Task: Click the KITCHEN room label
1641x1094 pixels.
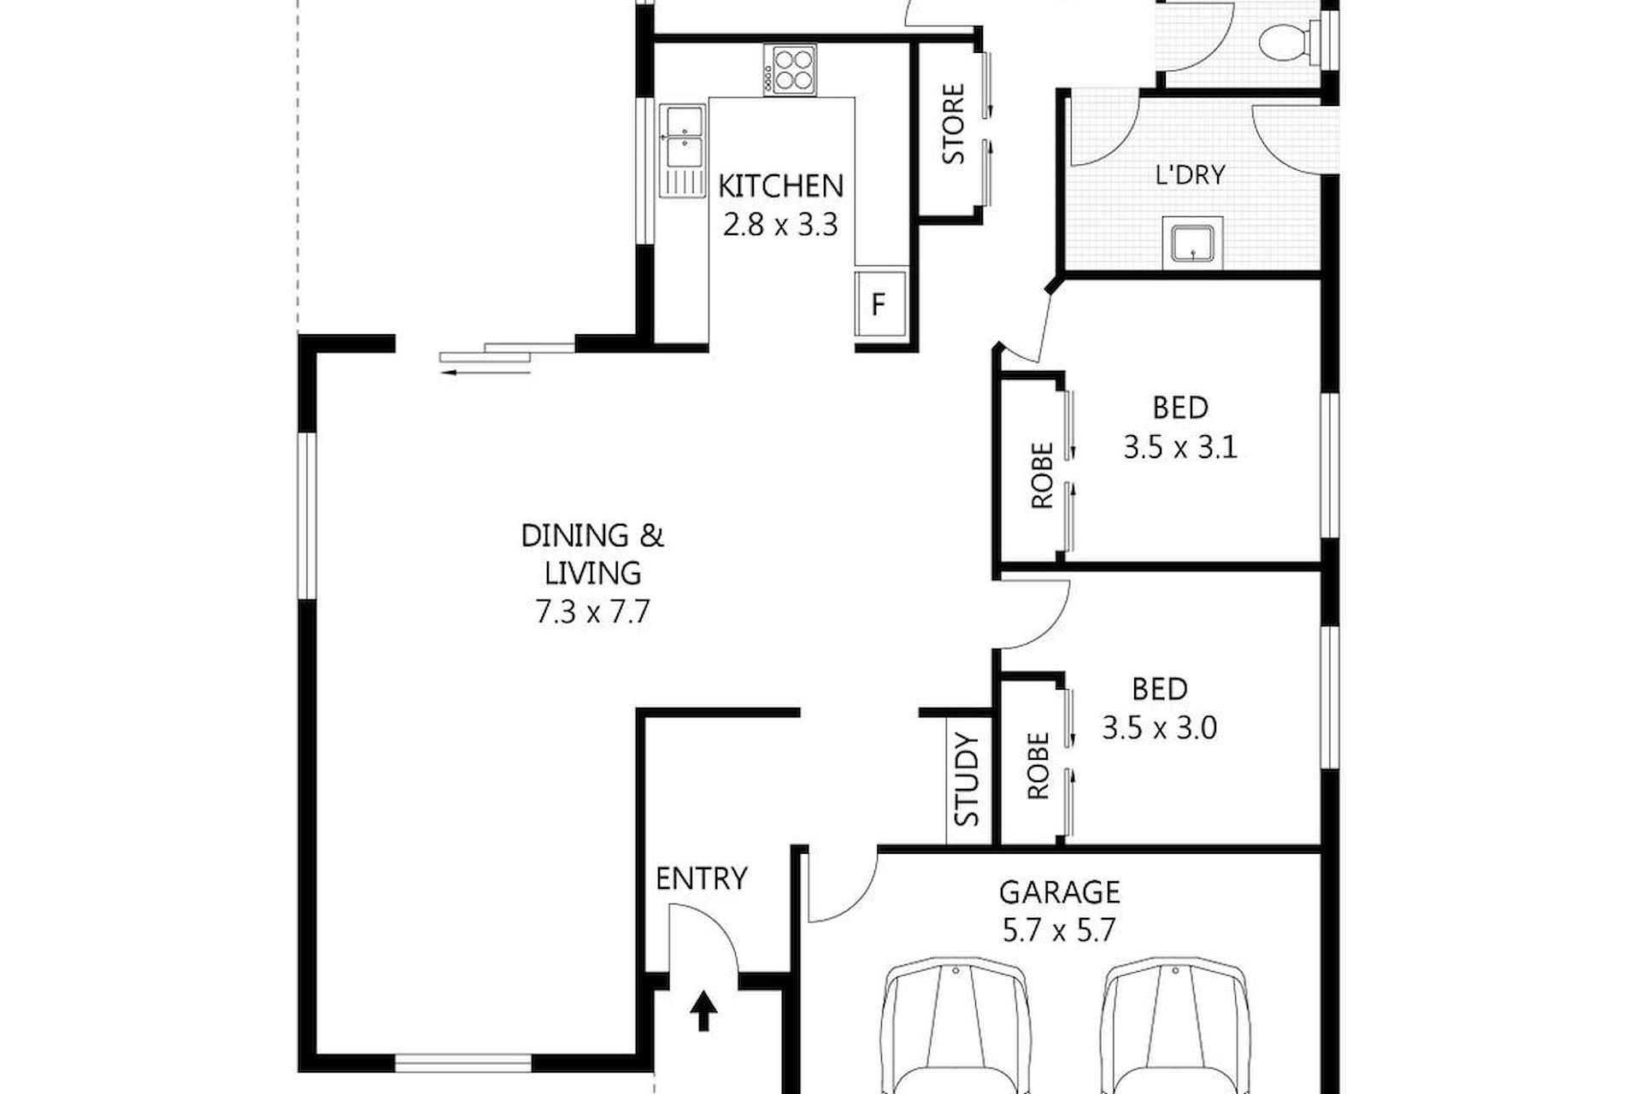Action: [780, 185]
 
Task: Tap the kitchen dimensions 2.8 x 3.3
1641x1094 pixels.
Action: [780, 225]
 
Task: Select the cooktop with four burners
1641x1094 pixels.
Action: [791, 69]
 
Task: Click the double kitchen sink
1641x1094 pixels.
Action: [683, 151]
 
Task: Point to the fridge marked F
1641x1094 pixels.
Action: [879, 304]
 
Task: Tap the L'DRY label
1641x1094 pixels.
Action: [1190, 175]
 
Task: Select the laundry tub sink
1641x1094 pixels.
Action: [1191, 241]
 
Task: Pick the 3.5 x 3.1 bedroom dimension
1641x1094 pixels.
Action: [1180, 447]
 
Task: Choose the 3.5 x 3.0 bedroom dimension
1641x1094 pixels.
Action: [1160, 728]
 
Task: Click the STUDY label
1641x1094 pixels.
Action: [968, 779]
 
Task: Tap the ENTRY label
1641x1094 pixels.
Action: [702, 879]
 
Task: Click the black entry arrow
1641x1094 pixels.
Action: [703, 1010]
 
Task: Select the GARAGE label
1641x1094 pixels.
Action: [1060, 892]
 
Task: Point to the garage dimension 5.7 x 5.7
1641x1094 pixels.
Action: [1060, 930]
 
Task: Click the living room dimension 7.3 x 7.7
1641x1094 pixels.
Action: [593, 612]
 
